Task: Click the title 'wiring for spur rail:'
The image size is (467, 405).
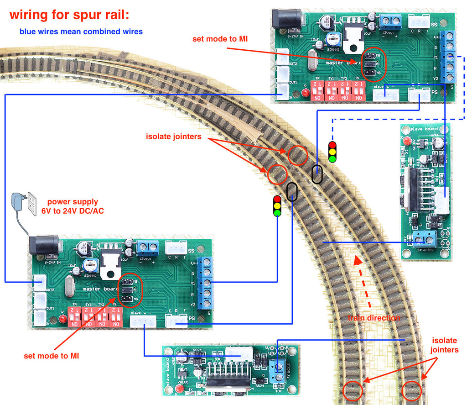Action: coord(69,15)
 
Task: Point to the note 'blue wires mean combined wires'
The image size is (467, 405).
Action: coord(81,32)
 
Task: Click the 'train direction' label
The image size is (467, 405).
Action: coord(374,318)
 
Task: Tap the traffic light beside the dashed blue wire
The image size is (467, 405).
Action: coord(332,152)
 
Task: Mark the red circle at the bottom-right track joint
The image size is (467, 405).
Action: coord(413,390)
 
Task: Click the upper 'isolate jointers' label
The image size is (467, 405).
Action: coord(173,137)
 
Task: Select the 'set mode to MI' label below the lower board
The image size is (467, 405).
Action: coord(52,355)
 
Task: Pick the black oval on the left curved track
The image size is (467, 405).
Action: coord(292,191)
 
